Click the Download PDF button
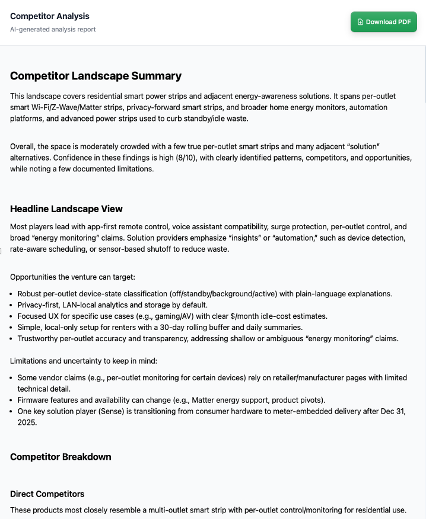(x=383, y=22)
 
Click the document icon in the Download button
(x=360, y=22)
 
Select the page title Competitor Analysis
(x=50, y=16)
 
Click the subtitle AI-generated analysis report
(x=53, y=29)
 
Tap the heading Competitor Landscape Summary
(x=96, y=76)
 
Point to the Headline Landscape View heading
(x=66, y=209)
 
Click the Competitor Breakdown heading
(x=61, y=457)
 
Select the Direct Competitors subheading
(x=47, y=494)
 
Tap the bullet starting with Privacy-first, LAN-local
(x=112, y=305)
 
